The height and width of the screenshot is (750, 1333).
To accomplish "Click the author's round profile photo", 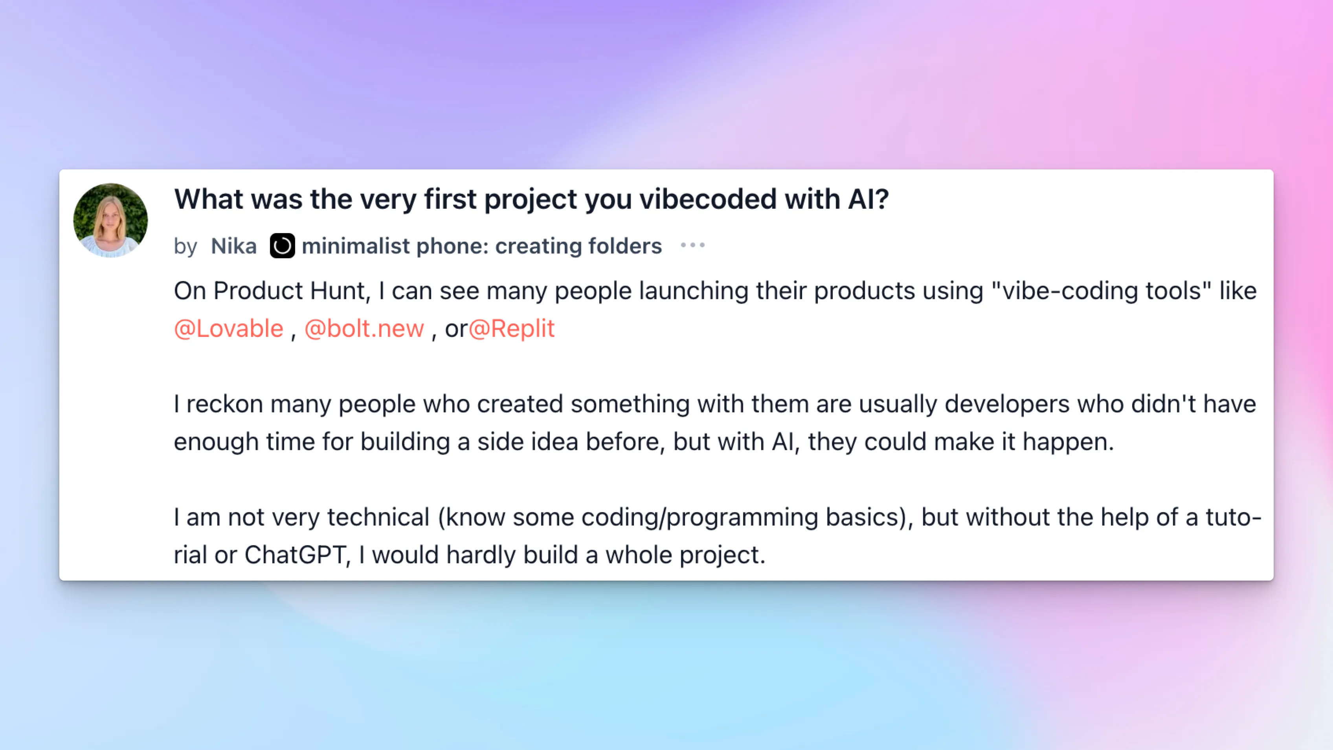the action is [x=110, y=220].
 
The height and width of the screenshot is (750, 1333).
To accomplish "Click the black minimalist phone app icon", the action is [x=283, y=246].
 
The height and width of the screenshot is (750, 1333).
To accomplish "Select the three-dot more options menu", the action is [x=693, y=245].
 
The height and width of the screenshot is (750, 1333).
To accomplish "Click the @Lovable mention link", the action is [x=229, y=329].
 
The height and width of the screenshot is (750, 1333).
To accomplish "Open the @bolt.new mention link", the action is [x=364, y=329].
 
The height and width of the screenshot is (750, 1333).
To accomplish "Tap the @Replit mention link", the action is [x=511, y=329].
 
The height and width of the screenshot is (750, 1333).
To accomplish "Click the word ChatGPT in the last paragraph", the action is [x=295, y=555].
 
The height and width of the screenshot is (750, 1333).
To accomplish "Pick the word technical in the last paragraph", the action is [x=378, y=517].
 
